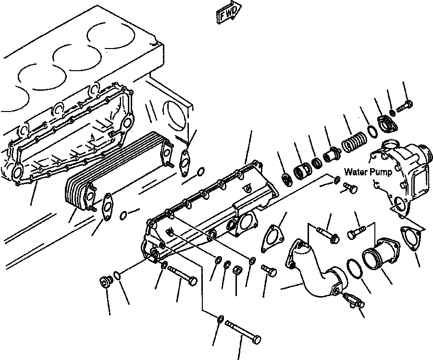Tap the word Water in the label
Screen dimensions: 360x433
[356, 172]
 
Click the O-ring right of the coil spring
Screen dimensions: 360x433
[372, 130]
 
